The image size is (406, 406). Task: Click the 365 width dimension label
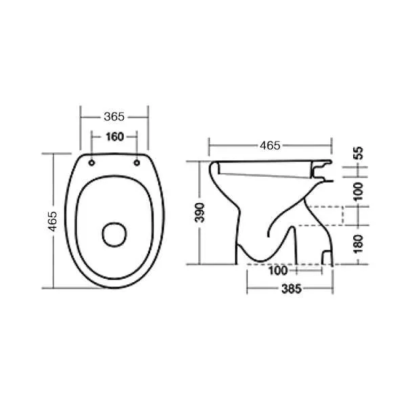(x=114, y=117)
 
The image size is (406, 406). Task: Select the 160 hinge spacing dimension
(x=115, y=137)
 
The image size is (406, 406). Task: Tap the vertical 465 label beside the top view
(x=53, y=221)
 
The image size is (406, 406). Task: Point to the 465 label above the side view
(x=270, y=145)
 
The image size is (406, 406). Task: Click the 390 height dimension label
(x=200, y=212)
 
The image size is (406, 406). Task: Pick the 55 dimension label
(x=359, y=153)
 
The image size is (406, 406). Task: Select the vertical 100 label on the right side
(x=359, y=191)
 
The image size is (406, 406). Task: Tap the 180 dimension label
(x=359, y=244)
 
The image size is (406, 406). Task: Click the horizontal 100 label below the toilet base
(x=278, y=271)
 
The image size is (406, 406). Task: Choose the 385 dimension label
(x=292, y=289)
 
